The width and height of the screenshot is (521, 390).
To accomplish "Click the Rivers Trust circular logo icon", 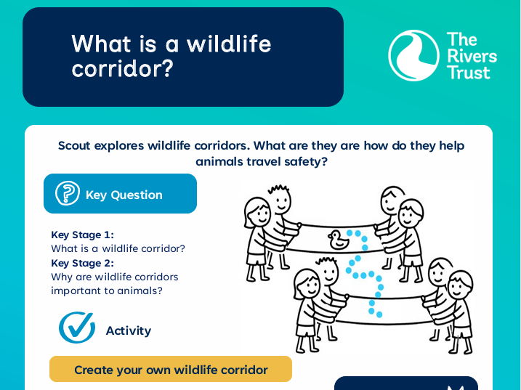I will tap(413, 55).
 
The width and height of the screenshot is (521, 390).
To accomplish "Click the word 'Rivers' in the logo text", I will tap(472, 56).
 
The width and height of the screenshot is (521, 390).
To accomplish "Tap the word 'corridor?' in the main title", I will tap(123, 69).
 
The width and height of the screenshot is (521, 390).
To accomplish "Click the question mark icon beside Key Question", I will tap(68, 194).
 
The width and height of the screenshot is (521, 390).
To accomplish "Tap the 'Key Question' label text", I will tap(124, 195).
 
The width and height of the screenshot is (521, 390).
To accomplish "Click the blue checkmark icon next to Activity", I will tap(77, 328).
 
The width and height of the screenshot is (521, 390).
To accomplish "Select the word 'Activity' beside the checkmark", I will tap(128, 330).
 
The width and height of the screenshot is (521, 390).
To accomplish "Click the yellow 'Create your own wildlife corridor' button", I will tap(171, 370).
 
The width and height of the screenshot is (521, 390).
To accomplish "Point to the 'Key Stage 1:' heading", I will tap(82, 235).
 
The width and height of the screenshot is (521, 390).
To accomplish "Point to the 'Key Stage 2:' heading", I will tap(82, 263).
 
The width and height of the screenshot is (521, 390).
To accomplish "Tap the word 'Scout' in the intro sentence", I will tap(75, 145).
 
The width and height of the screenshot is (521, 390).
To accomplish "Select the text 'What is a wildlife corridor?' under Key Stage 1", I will tap(118, 248).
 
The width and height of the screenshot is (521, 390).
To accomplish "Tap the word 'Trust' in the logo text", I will tap(469, 73).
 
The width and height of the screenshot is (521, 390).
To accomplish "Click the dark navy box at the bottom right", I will tap(405, 383).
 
